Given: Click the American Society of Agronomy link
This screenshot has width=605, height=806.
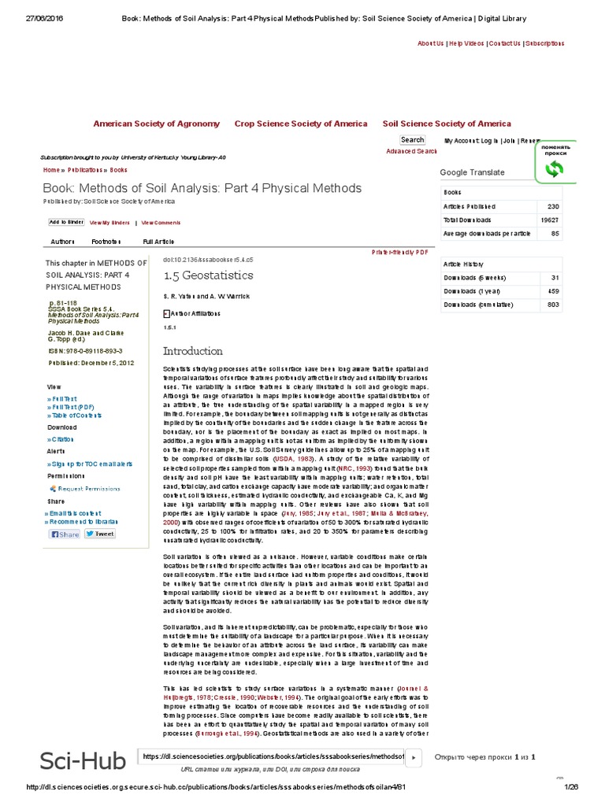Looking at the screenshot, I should [156, 124].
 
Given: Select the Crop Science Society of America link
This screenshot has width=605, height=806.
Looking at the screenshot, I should [300, 124].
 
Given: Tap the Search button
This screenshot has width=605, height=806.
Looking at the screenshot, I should [412, 140].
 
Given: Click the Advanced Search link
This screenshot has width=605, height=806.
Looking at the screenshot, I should [411, 151].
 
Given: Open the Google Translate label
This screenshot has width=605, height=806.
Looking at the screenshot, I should [472, 172].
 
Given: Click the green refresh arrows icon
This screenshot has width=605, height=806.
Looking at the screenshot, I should [555, 169].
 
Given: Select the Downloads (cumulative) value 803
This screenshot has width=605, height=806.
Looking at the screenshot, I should [552, 305].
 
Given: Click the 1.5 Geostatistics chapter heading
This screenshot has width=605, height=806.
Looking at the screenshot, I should [208, 275].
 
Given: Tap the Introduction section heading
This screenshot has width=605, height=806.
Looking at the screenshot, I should [192, 351].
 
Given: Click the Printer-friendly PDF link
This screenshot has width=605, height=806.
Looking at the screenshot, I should [399, 252].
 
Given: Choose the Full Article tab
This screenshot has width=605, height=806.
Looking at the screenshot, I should [158, 242].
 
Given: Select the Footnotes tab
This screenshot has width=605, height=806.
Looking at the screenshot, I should [106, 242].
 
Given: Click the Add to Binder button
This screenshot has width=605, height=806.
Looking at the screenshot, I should [66, 223].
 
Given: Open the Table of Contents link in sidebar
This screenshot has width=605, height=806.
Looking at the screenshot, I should [76, 415].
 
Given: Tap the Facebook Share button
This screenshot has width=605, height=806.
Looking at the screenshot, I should [65, 534].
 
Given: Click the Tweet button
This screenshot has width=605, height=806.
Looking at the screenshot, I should [100, 534].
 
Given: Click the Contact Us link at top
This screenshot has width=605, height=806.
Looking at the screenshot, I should [504, 43].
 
